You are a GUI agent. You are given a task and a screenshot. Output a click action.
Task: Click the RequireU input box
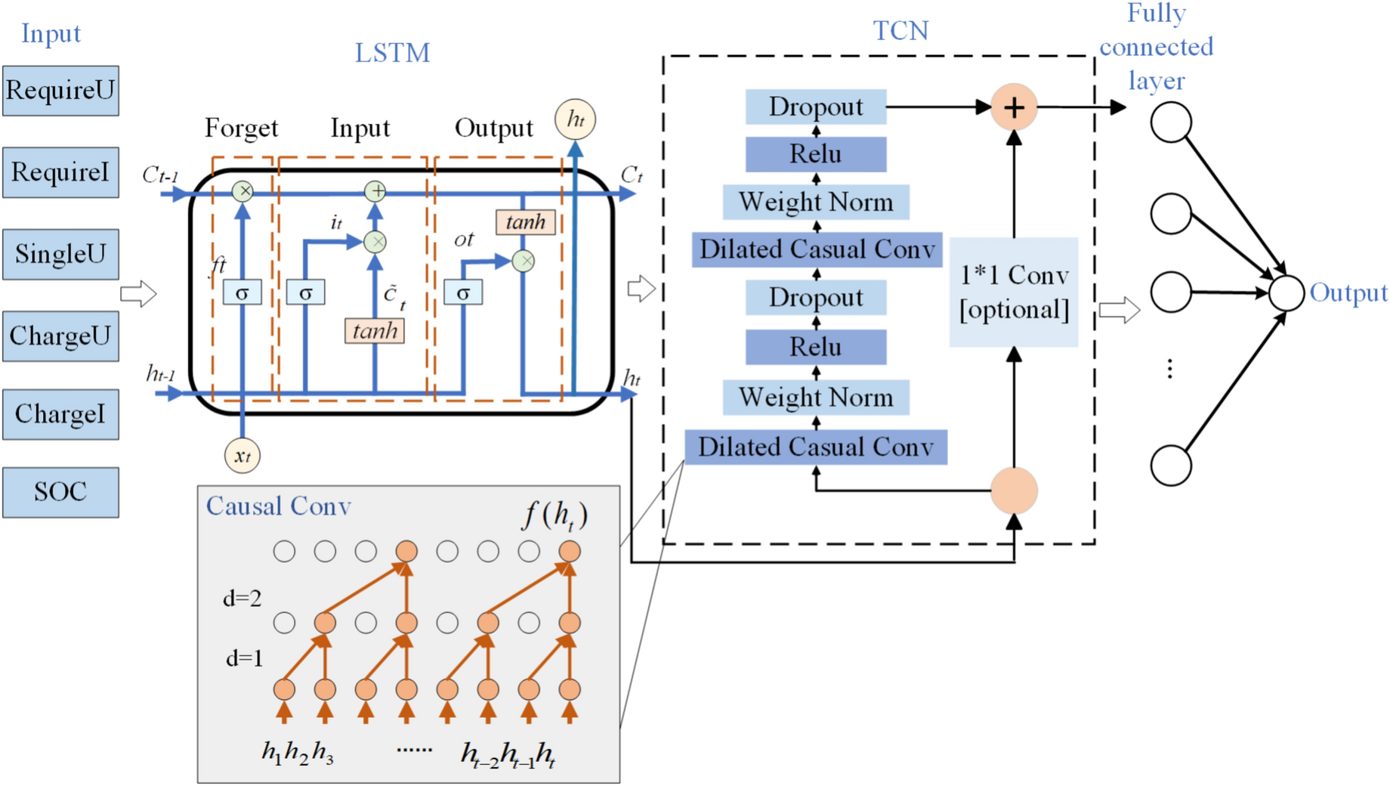click(60, 91)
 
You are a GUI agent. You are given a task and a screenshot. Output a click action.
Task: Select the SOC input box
click(60, 492)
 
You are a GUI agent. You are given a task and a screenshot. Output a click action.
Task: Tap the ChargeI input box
click(60, 414)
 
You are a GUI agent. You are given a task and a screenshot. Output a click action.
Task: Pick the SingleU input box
click(60, 254)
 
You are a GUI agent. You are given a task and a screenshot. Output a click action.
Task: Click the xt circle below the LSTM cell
click(242, 456)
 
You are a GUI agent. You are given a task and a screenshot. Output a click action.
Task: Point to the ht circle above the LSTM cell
click(575, 119)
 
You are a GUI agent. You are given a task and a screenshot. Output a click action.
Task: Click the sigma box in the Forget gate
click(242, 292)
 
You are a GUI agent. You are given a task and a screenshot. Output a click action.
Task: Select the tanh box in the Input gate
click(375, 330)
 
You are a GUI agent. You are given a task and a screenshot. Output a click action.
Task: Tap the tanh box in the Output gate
click(526, 222)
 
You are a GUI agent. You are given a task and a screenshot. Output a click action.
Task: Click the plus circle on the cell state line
click(375, 191)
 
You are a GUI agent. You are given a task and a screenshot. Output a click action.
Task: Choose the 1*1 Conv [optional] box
click(1014, 292)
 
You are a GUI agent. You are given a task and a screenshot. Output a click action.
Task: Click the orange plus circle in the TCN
click(1014, 107)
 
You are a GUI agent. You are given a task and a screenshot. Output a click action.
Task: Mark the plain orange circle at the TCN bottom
click(1014, 490)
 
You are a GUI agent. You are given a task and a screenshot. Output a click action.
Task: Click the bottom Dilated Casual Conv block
click(816, 447)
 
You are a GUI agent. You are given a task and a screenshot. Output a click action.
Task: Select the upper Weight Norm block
click(816, 202)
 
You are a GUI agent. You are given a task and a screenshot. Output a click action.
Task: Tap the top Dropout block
click(816, 107)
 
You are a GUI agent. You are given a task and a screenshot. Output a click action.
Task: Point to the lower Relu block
click(816, 347)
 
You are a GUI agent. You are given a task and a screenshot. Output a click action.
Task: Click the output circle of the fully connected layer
click(1287, 293)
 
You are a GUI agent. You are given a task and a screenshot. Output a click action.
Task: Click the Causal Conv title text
click(279, 506)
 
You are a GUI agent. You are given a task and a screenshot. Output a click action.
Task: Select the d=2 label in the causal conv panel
click(242, 599)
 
